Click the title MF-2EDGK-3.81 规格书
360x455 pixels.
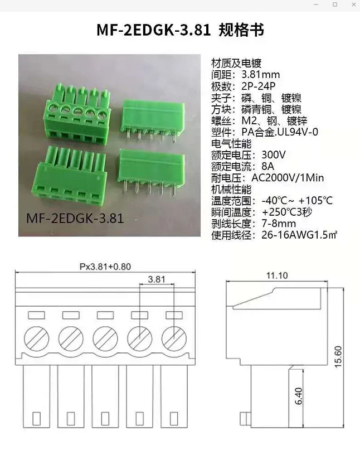(179, 30)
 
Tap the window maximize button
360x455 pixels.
(335, 4)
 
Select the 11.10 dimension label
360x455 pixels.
(276, 275)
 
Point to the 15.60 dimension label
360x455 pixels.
(353, 357)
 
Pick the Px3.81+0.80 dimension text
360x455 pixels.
(105, 267)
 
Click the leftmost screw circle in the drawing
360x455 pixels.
(36, 338)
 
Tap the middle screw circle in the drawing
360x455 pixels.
(105, 338)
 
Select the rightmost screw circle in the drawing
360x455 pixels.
(174, 338)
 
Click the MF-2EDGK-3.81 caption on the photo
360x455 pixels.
(75, 217)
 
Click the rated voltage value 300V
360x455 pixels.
(273, 154)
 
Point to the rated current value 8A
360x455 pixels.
(267, 166)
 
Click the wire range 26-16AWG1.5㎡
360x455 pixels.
(299, 235)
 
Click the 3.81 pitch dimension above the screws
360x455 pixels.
(157, 279)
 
